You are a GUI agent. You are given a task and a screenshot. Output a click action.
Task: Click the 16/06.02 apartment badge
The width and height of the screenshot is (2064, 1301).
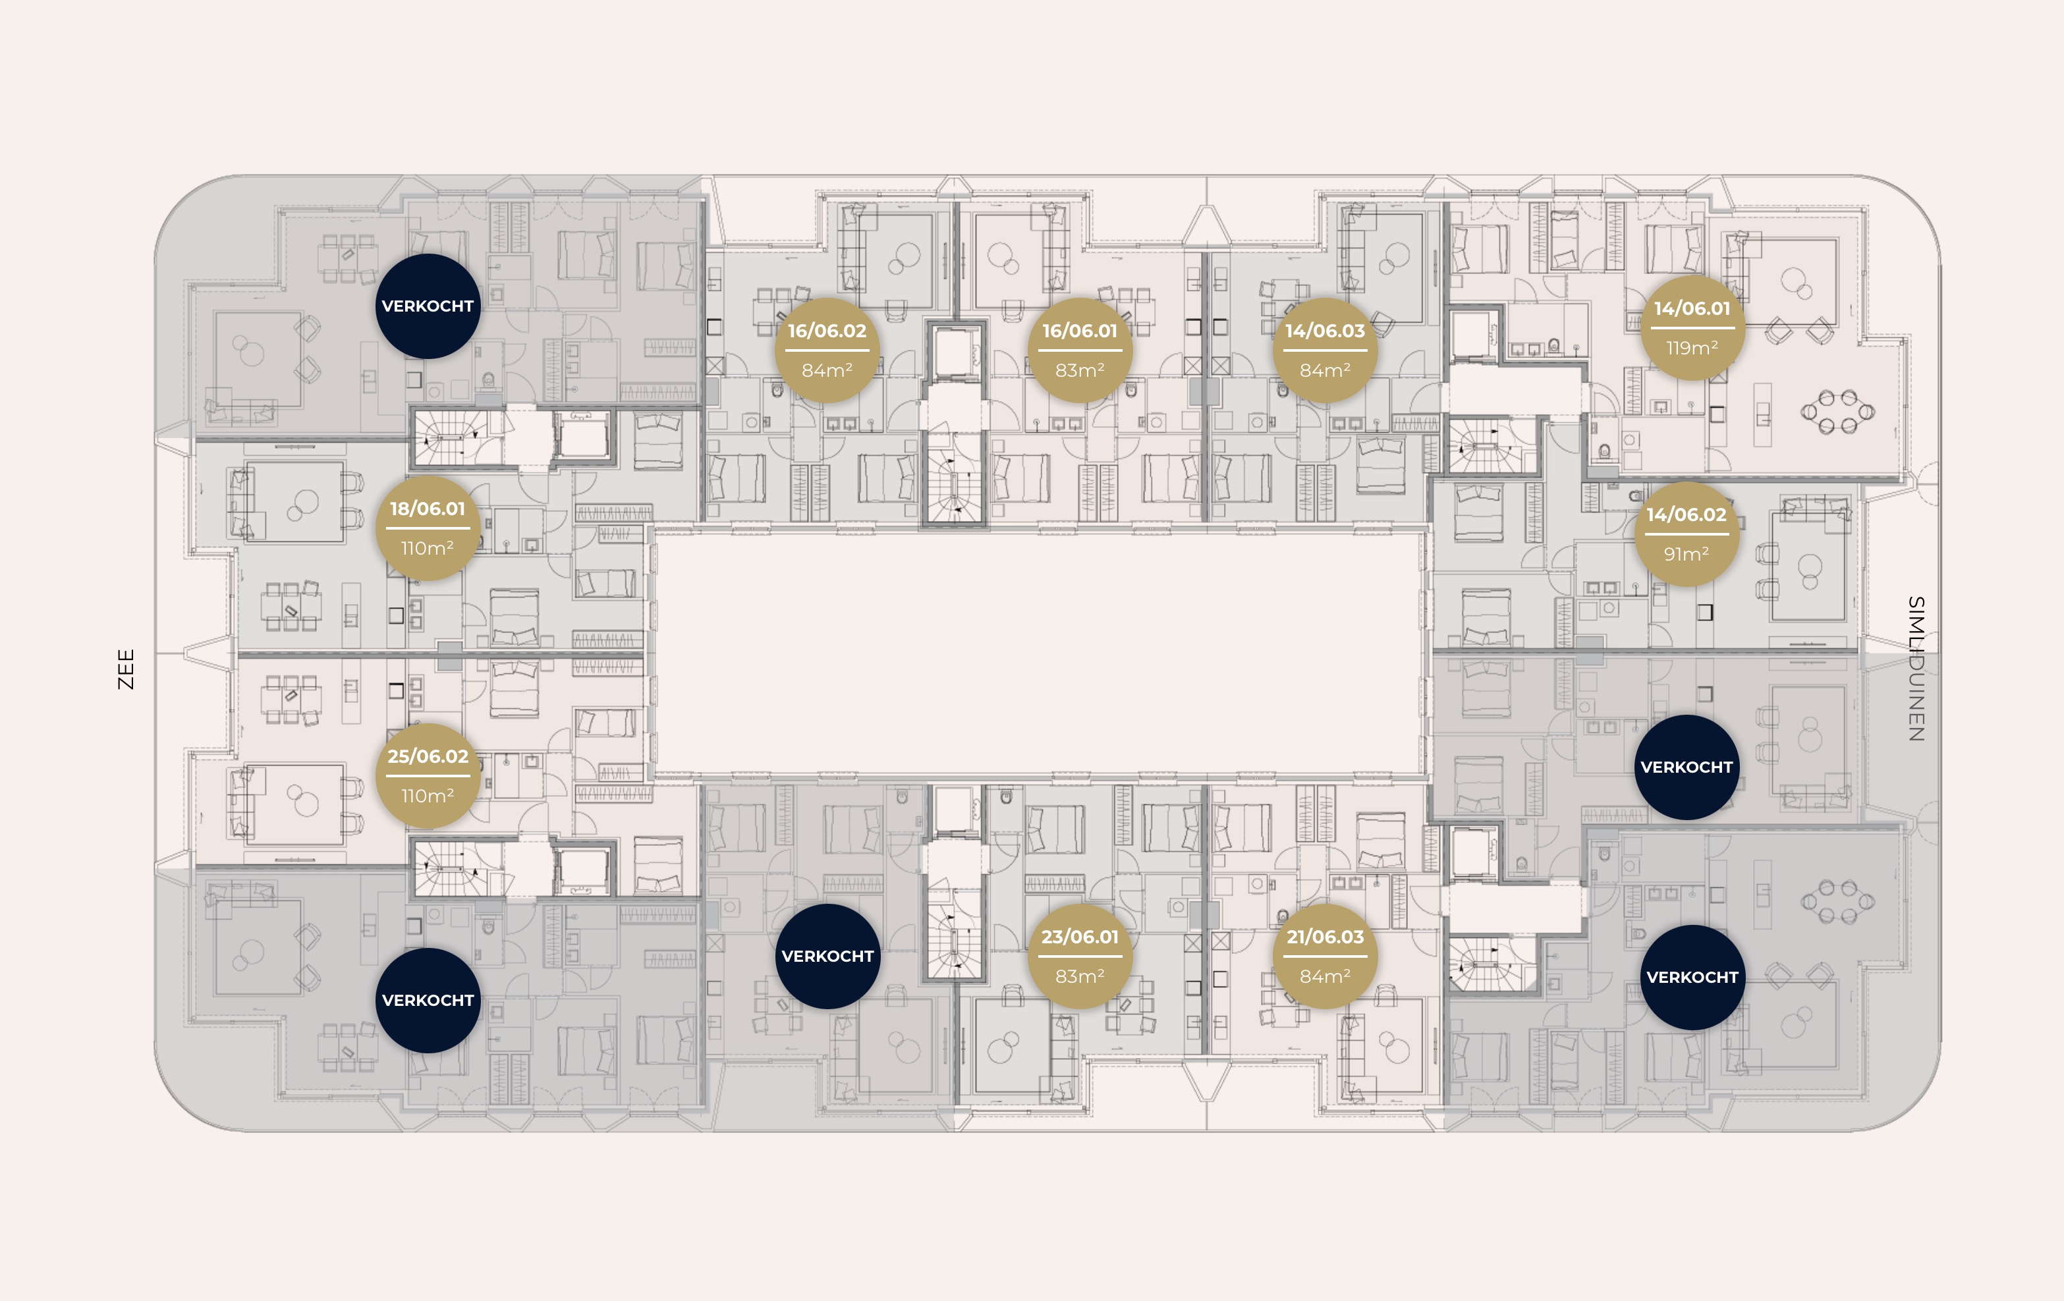[827, 350]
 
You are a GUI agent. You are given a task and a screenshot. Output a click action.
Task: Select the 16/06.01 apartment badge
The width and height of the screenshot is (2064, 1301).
[1080, 350]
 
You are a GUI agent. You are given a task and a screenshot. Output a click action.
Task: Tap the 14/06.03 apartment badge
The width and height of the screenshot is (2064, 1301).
[1325, 350]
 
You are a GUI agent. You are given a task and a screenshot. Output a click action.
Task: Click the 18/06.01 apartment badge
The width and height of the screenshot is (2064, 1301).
[428, 528]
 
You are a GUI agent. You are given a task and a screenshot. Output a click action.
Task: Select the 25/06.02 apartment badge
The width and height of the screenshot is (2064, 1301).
[428, 775]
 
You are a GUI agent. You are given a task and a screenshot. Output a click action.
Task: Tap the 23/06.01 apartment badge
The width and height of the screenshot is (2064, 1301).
[1080, 956]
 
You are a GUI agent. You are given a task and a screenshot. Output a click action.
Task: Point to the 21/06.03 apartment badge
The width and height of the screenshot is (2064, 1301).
[1325, 956]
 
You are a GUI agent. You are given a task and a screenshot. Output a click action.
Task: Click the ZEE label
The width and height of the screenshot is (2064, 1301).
[126, 669]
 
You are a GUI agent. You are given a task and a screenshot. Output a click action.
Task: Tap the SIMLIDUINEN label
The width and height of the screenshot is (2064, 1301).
[1916, 669]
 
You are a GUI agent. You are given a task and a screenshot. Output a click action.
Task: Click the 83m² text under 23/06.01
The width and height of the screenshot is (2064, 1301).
[1080, 976]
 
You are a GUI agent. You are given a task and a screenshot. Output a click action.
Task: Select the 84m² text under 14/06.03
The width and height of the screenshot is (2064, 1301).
[1325, 371]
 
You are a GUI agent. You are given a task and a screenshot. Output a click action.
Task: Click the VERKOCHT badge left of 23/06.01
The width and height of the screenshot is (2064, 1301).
[827, 956]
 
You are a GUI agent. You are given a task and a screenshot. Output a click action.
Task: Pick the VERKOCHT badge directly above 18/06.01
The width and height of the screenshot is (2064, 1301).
[428, 306]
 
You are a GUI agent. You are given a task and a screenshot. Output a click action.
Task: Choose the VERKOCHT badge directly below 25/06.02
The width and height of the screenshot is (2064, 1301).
[428, 1000]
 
